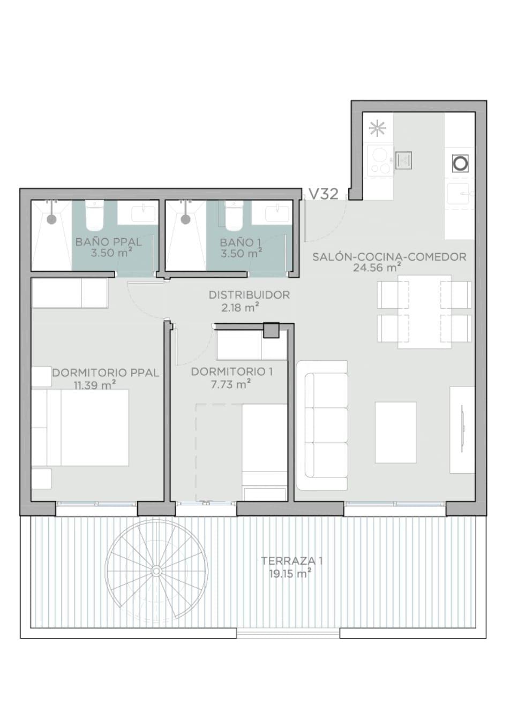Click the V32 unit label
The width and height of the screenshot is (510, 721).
pos(324,194)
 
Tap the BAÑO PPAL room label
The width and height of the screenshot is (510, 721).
pos(109,242)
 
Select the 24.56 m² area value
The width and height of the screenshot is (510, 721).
pos(377,267)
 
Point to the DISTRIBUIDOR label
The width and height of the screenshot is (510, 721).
pos(249,295)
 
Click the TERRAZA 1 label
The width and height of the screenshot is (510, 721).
pos(292,561)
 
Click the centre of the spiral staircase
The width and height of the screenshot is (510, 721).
pos(156,571)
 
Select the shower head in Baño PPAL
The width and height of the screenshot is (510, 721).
pos(51,219)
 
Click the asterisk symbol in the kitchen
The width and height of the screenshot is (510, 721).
pos(378,129)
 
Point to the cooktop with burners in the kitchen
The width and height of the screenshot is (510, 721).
pos(380,160)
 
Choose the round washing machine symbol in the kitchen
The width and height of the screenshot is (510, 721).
pos(460,163)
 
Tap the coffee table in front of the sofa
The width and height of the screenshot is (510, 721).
pos(396,432)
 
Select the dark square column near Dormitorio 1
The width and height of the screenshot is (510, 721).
pos(271,331)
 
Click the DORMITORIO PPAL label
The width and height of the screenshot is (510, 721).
pos(106,373)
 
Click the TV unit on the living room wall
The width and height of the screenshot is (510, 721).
pos(462,430)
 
